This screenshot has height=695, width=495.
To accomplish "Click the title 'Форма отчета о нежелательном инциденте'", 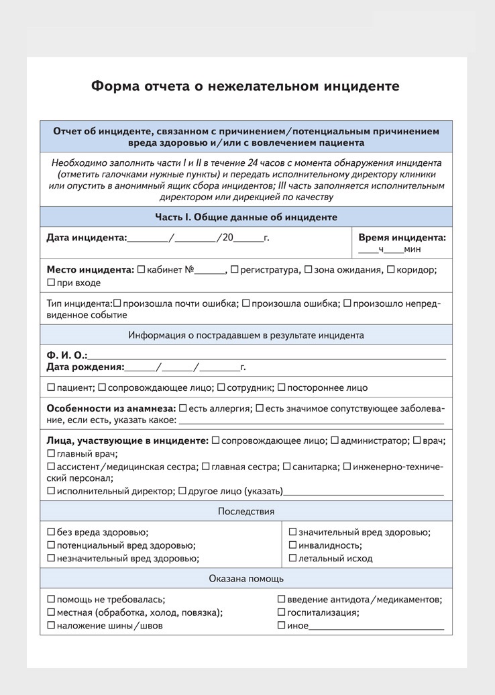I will tap(245, 87).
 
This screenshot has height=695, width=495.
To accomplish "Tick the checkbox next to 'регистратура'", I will tap(234, 270).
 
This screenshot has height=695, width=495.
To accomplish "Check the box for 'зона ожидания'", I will tap(309, 270).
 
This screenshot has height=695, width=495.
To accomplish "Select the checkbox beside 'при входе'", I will tap(51, 283).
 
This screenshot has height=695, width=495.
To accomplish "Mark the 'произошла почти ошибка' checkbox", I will tap(117, 304).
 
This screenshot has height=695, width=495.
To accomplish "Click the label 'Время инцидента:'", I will tap(402, 237).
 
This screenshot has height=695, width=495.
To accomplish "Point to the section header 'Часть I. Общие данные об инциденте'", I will tap(245, 217).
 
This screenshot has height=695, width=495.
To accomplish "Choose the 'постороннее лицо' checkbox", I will tap(282, 387).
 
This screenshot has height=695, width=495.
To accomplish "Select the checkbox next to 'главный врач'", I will tap(51, 454).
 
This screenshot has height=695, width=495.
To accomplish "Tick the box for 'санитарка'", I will tap(286, 466).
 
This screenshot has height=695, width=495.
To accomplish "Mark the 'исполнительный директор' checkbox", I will tap(51, 491).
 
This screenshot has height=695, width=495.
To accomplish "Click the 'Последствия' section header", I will tap(245, 511).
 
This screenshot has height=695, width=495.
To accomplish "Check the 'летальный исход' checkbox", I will tap(293, 558).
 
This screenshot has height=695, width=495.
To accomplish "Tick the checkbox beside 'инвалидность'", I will tap(293, 545).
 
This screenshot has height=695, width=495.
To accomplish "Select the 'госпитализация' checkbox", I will tap(282, 612).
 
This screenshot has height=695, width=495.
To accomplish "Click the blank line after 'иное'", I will tap(376, 627).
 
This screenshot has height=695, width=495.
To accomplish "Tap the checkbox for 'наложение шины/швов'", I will tap(51, 626).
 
